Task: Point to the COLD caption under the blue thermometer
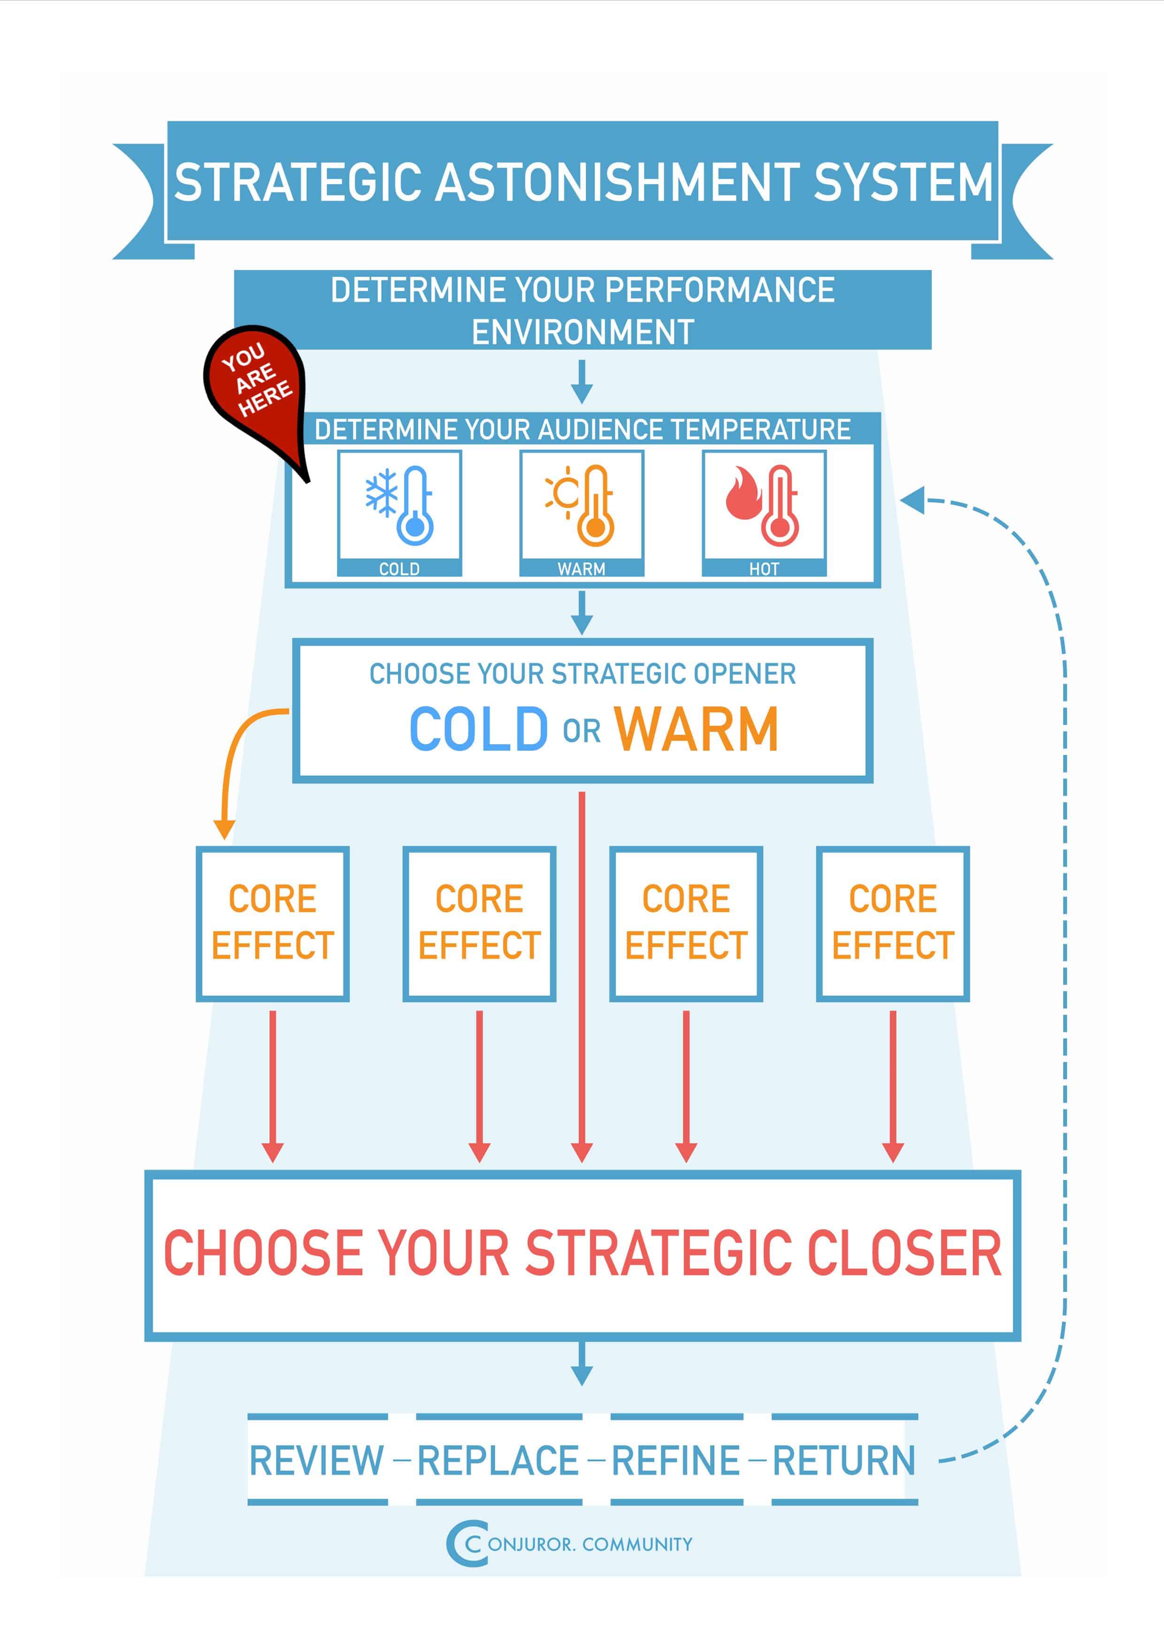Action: pos(399,569)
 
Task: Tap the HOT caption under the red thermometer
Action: pos(764,569)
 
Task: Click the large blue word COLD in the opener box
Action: pos(478,729)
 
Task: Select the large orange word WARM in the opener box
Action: pos(696,729)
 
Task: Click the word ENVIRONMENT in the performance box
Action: pos(582,332)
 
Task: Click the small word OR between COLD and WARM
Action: pos(582,731)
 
